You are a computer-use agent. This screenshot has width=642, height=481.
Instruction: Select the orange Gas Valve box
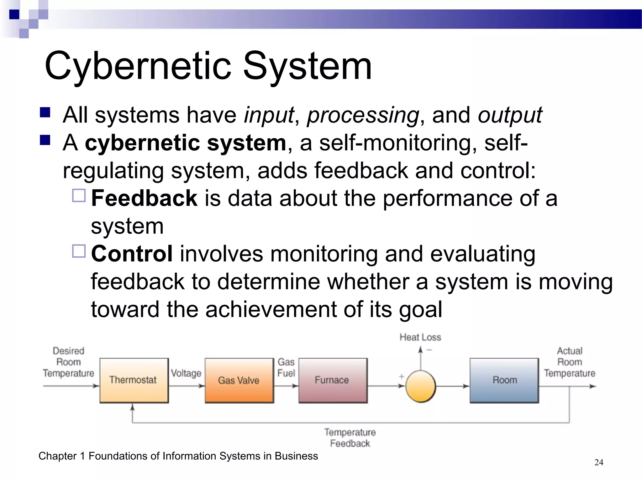[239, 380]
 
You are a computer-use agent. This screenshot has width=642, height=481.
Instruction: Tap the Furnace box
[333, 380]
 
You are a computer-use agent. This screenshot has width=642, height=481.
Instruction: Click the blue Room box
[504, 380]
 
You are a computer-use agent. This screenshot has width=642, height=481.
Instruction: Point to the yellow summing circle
[420, 386]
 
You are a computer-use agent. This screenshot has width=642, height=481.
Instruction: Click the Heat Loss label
[420, 337]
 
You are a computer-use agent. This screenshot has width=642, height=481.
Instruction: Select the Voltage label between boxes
[186, 373]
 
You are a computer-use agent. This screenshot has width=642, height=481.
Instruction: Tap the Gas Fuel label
[286, 367]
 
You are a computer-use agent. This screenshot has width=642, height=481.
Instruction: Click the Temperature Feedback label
[350, 438]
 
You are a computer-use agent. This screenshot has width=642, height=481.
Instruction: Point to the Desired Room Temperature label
[68, 362]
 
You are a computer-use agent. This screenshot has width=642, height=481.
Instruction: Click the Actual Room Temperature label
[569, 362]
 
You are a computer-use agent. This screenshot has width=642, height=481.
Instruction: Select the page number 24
[598, 462]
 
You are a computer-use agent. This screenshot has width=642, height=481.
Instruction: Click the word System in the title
[307, 66]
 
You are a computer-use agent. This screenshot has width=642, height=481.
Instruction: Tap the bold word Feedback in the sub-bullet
[144, 198]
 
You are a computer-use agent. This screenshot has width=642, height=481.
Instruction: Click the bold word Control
[132, 254]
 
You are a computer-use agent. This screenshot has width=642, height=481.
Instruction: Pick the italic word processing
[363, 115]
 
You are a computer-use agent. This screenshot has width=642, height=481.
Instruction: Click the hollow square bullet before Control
[79, 251]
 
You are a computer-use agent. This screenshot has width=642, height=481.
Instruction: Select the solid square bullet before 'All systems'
[45, 112]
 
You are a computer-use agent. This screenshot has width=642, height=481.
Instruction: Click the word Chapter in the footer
[57, 456]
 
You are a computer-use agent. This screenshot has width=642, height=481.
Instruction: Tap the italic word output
[510, 115]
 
